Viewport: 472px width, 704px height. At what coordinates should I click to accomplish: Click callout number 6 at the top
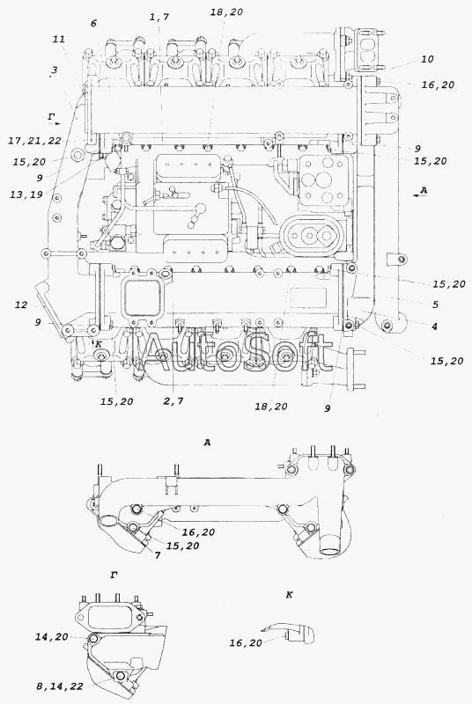(93, 24)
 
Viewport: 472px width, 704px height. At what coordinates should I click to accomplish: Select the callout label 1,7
(159, 17)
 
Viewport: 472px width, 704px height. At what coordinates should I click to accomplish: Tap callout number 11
(59, 39)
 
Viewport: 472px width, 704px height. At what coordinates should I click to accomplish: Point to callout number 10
(427, 59)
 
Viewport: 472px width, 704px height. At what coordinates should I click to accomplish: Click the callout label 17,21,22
(34, 141)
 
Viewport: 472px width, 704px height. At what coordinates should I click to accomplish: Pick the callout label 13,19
(26, 194)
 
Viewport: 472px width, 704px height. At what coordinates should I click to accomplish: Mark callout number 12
(21, 305)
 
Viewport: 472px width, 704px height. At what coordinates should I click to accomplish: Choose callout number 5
(435, 304)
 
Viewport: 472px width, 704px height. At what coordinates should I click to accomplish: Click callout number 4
(434, 326)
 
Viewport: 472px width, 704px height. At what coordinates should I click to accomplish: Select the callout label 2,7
(173, 401)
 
